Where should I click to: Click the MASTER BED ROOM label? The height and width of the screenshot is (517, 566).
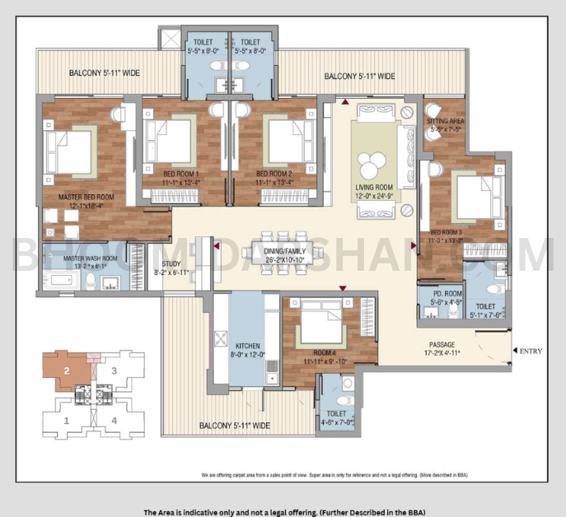(86, 198)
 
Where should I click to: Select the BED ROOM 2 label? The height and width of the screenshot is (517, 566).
(274, 174)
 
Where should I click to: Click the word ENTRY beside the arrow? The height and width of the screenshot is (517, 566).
(531, 352)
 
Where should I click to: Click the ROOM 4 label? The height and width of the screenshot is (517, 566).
(316, 352)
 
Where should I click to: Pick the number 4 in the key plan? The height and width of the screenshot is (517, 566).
(115, 421)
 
